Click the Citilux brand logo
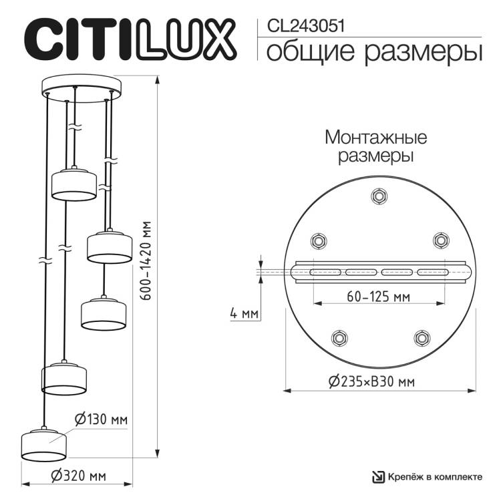point(130,39)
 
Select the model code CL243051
point(306,26)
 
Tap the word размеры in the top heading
point(424,52)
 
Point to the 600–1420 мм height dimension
point(146,261)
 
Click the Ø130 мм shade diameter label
point(101,420)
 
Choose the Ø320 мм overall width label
point(79,476)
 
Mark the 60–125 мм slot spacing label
point(378,297)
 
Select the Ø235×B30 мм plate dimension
point(372,381)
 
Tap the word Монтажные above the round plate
point(375,138)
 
